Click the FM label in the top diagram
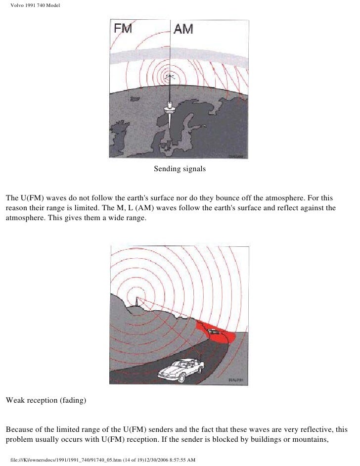point(123,29)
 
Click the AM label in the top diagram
point(183,29)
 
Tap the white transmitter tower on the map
point(169,113)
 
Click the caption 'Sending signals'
point(180,169)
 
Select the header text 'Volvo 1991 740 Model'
point(35,5)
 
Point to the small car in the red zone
point(214,331)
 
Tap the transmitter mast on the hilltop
point(137,302)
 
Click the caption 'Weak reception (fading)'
point(46,400)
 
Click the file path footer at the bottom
point(103,460)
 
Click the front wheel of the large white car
point(182,378)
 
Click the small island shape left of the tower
point(135,98)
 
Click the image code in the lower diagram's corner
point(236,380)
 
